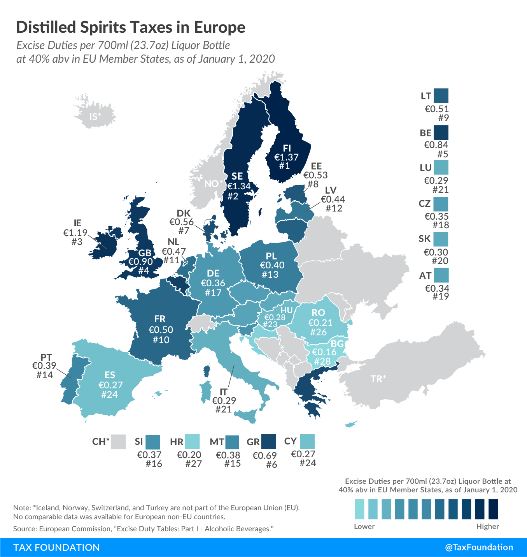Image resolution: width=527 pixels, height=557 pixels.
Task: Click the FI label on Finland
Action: (287, 148)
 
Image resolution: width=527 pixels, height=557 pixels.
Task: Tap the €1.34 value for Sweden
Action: (239, 186)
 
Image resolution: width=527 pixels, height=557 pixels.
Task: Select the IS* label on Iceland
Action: (95, 117)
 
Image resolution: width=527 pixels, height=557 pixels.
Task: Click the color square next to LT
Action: (441, 96)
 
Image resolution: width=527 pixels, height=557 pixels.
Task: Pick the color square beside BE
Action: (441, 132)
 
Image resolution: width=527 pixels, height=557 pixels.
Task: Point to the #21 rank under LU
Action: (440, 190)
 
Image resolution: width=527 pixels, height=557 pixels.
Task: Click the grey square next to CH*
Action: (119, 442)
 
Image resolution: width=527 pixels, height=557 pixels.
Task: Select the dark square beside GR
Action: (268, 442)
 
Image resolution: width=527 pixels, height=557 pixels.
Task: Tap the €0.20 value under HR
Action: (189, 455)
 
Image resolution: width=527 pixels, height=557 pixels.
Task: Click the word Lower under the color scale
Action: (364, 527)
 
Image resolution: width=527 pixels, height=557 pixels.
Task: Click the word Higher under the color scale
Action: (487, 527)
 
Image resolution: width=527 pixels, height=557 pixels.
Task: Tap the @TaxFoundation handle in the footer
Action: (479, 547)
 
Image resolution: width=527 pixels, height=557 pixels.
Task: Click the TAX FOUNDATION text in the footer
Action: (56, 547)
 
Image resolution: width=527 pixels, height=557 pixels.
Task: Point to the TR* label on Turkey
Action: (378, 379)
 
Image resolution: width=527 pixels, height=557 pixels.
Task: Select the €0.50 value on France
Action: (161, 330)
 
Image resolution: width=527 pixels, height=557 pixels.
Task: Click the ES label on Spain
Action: (110, 375)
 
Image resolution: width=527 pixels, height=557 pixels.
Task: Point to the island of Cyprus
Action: (351, 424)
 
